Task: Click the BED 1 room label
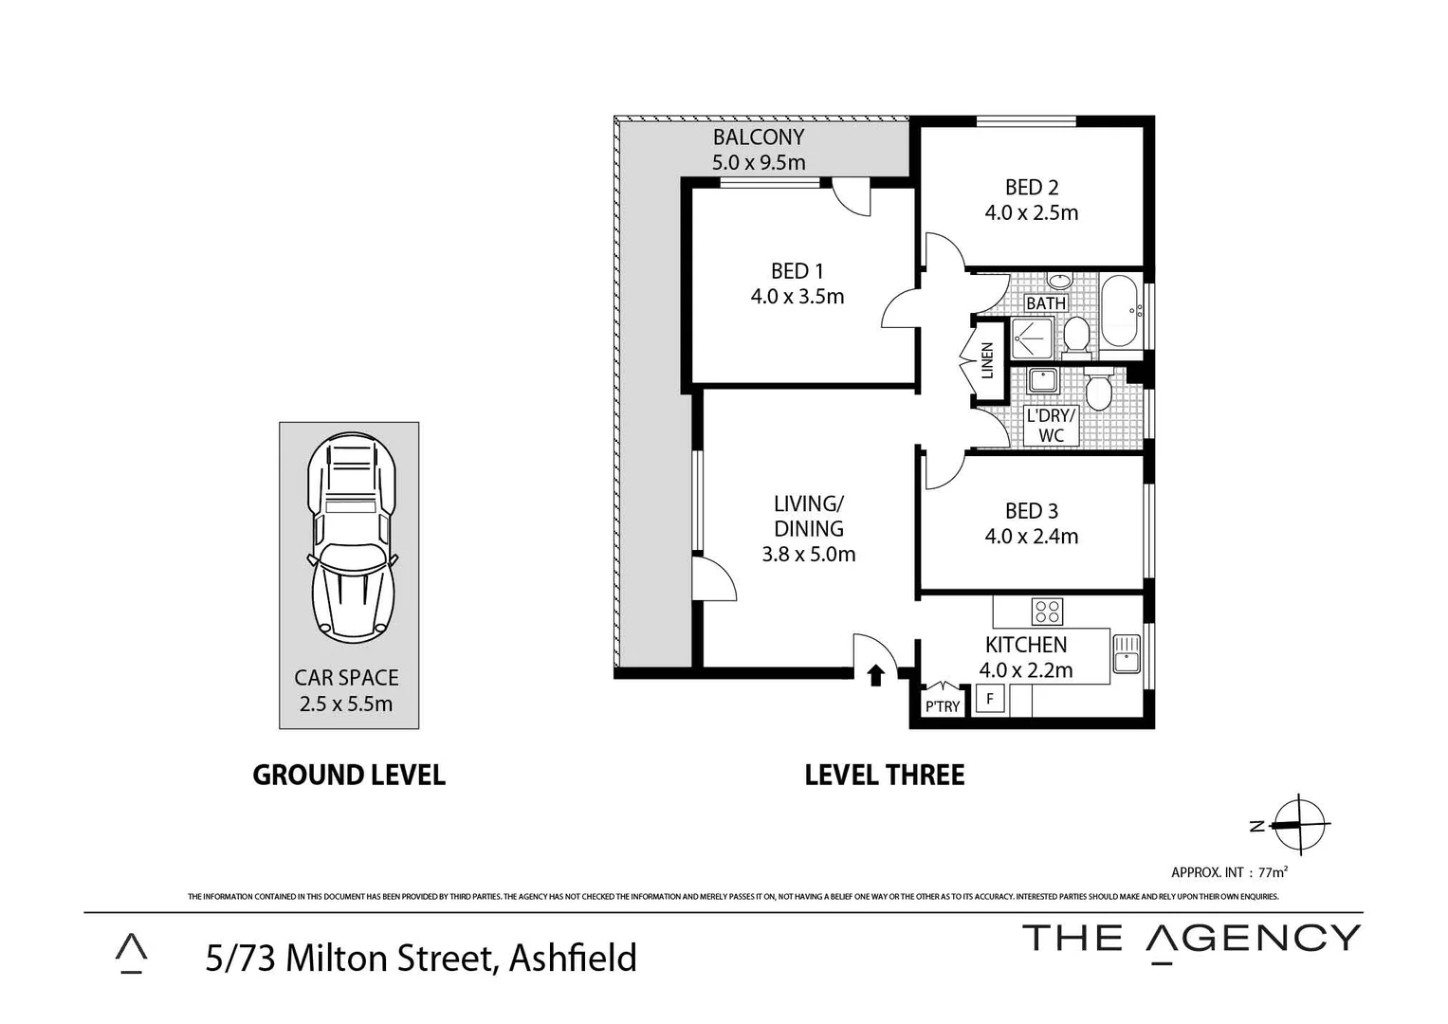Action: tap(797, 272)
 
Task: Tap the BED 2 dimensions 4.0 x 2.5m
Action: tap(1031, 213)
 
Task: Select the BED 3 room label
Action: tap(1031, 511)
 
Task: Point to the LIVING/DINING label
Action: tap(808, 516)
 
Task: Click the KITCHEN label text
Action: tap(1025, 645)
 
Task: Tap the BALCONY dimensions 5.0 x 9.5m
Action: tap(759, 162)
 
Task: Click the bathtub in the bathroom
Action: tap(1122, 311)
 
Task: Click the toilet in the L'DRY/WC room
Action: tap(1098, 390)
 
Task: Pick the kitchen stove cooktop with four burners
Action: tap(1047, 612)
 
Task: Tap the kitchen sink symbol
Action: tap(1126, 654)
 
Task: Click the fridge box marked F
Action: tap(990, 700)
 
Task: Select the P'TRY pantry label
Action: tap(942, 706)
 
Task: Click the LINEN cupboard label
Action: tap(987, 360)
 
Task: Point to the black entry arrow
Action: tap(876, 674)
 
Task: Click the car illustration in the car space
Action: tap(350, 536)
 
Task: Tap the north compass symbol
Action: tap(1298, 824)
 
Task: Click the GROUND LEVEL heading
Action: tap(348, 775)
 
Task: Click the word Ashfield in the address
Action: tap(573, 958)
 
